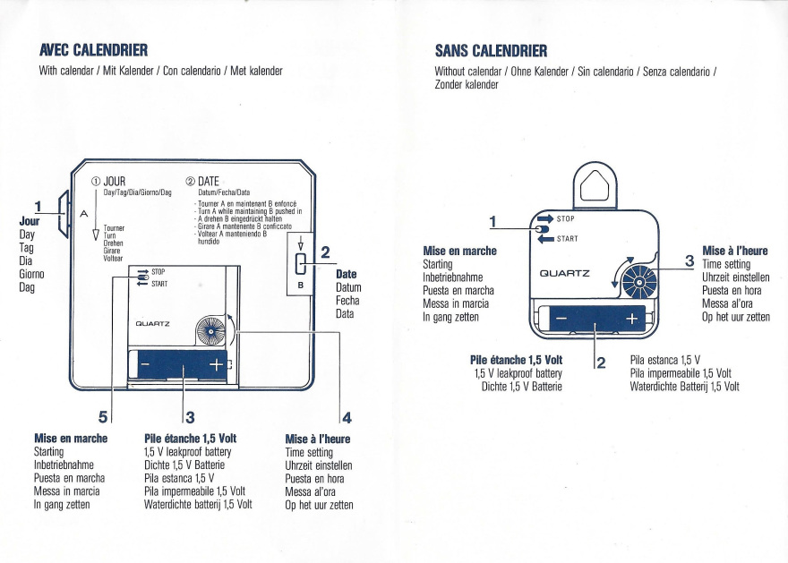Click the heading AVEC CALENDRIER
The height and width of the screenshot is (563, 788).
(93, 49)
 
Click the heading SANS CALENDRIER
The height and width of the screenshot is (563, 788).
(490, 49)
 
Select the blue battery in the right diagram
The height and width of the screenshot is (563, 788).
(595, 319)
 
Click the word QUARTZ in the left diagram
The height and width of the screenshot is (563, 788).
(153, 323)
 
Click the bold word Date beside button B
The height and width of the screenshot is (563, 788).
(346, 274)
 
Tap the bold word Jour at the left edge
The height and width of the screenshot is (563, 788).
(29, 220)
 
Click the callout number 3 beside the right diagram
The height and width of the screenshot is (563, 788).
(689, 260)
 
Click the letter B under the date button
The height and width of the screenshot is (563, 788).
(300, 286)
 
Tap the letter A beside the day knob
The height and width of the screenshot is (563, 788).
(83, 215)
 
